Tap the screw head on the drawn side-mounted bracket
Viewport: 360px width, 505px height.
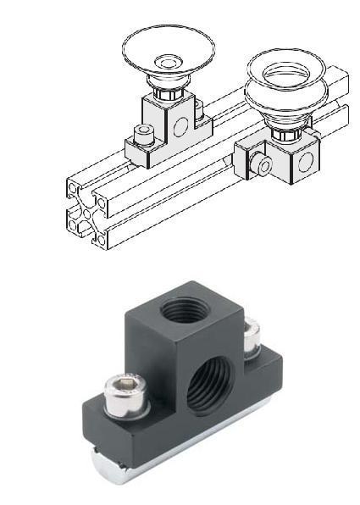coord(263,165)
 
